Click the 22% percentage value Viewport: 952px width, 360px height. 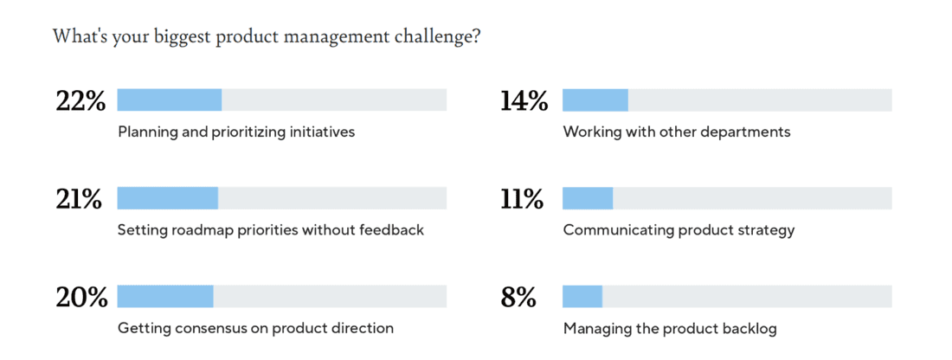[80, 101]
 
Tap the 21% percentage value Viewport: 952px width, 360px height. [79, 199]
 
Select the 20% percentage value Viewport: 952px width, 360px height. [81, 298]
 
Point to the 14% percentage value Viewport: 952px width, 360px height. [524, 101]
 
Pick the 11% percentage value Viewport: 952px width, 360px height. [522, 199]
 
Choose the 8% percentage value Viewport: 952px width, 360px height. [518, 298]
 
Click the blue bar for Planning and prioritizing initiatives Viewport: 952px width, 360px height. [170, 100]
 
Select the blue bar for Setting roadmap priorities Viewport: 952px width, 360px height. [168, 198]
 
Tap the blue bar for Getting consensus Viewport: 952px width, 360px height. [165, 297]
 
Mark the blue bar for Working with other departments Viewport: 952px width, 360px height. [595, 100]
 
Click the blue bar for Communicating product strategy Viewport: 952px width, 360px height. [588, 198]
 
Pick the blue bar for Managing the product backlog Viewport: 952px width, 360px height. [582, 297]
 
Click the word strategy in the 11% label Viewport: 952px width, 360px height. [766, 230]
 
